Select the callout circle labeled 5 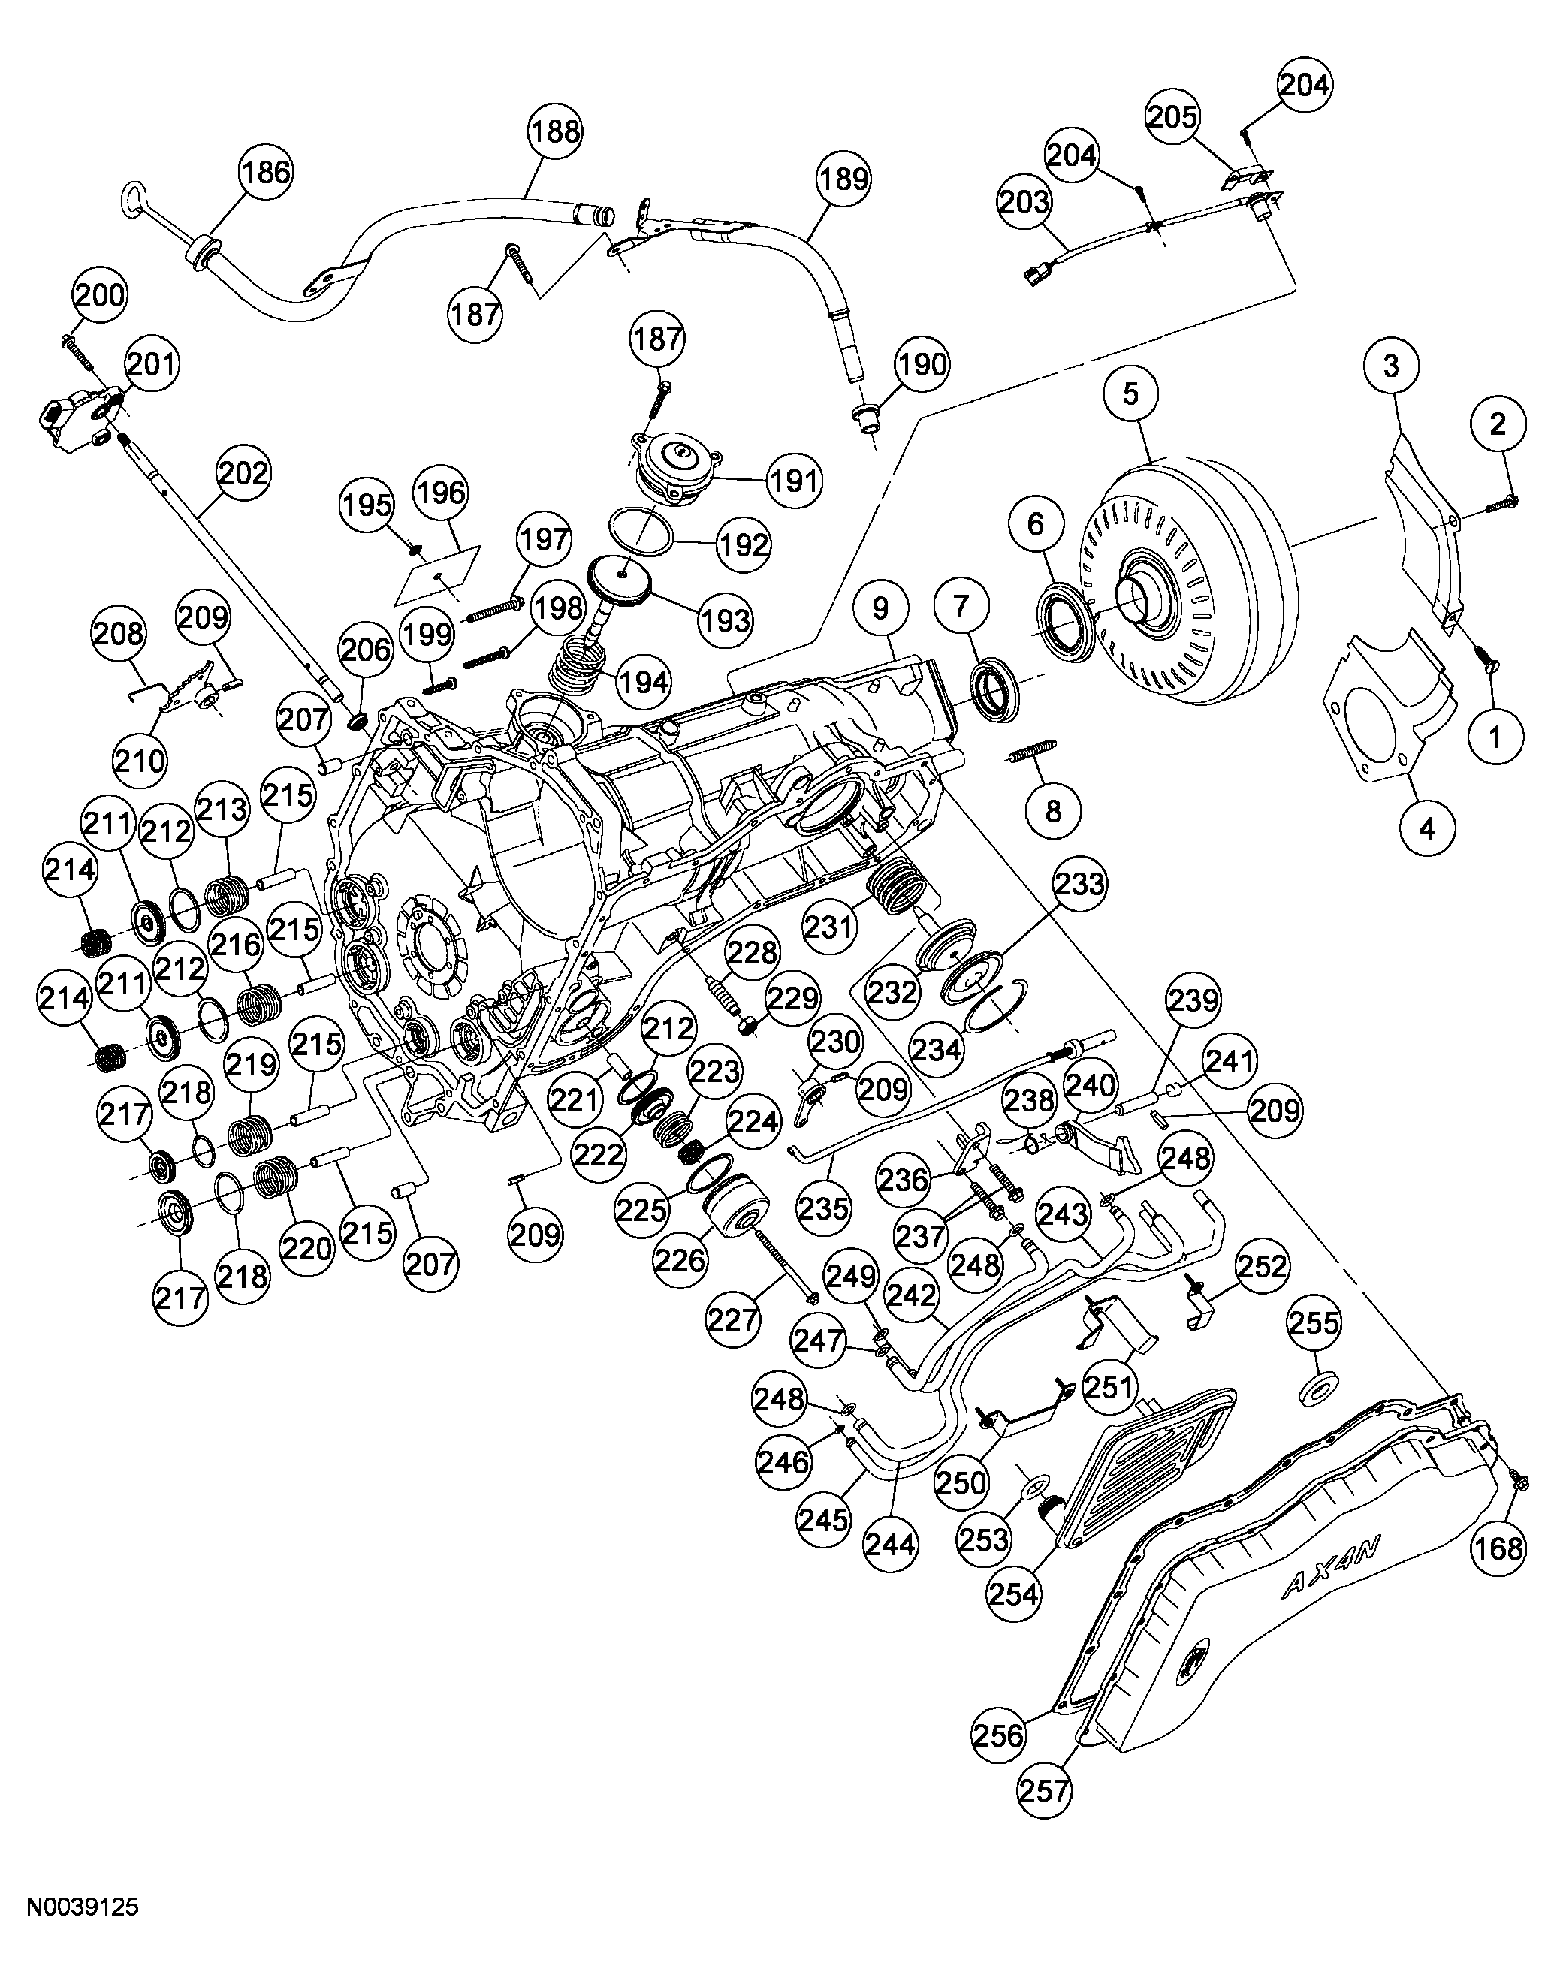pyautogui.click(x=1130, y=393)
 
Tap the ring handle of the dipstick pyautogui.click(x=134, y=196)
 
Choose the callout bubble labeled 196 pyautogui.click(x=440, y=493)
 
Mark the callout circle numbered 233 pyautogui.click(x=1079, y=884)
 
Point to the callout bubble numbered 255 pyautogui.click(x=1314, y=1322)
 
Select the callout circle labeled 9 pyautogui.click(x=880, y=608)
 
